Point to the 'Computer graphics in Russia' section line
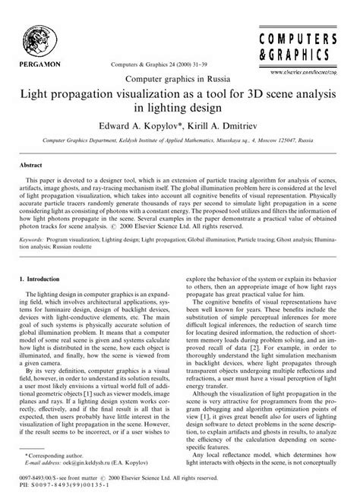click(179, 78)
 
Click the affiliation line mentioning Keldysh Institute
click(179, 141)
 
